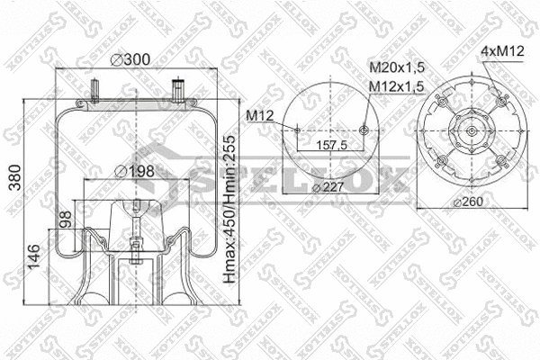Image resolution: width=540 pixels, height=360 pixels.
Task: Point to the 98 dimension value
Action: (x=64, y=221)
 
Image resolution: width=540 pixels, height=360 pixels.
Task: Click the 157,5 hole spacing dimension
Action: (x=330, y=144)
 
